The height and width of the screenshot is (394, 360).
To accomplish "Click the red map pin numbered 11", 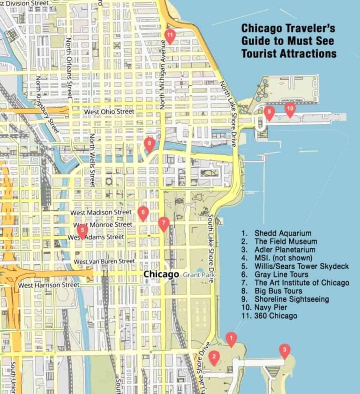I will coord(170,35).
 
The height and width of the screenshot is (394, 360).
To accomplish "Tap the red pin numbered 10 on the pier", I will coord(290,109).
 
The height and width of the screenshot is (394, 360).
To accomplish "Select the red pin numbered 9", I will coord(269,112).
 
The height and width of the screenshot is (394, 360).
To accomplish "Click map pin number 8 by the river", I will coord(149,143).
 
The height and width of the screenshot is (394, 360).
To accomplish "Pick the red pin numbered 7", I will coord(163,223).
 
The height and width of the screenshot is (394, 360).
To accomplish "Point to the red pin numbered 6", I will coord(143,213).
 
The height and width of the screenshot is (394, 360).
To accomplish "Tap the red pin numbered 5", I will coord(82,230).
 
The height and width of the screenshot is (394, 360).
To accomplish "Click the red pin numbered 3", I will coord(284,350).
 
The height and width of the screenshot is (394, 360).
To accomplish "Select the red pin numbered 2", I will coord(214,357).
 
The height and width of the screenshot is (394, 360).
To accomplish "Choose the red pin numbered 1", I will coord(231,338).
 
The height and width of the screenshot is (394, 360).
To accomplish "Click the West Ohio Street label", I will coord(109,112).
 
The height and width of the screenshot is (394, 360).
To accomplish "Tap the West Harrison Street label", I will coord(49,285).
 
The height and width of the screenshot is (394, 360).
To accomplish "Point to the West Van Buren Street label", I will coord(105,261).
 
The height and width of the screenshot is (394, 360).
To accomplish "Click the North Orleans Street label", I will coord(69,68).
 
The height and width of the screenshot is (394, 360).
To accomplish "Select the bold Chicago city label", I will coord(161,274).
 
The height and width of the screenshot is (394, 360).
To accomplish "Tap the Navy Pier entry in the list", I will coord(271,307).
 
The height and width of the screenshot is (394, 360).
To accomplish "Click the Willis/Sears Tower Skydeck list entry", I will coord(301,266).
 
